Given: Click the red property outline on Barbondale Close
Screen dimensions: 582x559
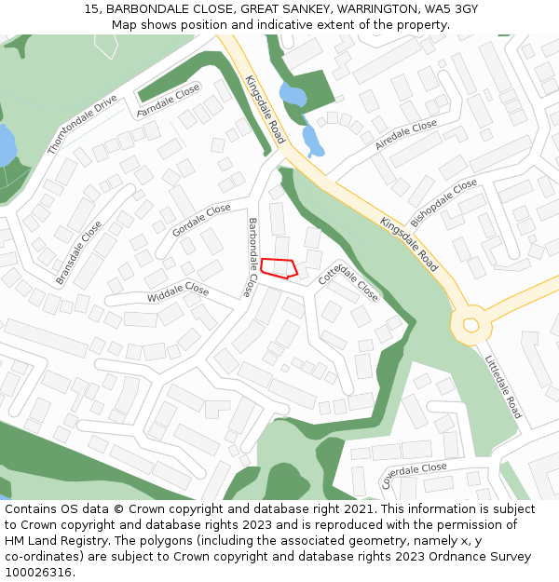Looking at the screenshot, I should [279, 267].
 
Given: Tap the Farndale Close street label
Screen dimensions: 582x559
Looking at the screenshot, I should [169, 101].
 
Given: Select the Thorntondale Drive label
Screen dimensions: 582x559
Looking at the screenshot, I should [82, 124].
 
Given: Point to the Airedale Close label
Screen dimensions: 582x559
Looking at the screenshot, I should [405, 135].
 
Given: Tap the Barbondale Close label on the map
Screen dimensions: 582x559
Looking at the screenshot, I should [251, 257].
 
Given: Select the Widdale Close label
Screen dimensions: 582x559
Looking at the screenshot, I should [178, 292].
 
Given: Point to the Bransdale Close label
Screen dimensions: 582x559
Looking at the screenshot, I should [78, 252].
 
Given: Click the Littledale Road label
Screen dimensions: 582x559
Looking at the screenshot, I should [503, 386].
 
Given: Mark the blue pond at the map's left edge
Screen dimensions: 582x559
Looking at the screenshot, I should [6, 145].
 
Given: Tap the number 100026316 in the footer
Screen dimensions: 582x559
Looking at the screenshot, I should [37, 573].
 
